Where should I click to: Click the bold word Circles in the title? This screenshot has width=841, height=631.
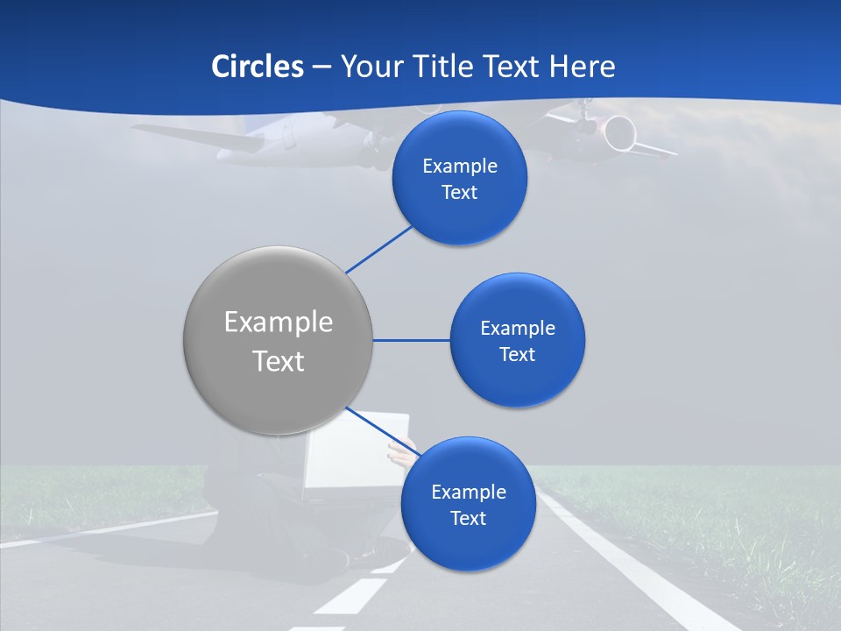point(258,67)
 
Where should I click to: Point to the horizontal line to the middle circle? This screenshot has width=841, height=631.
point(411,340)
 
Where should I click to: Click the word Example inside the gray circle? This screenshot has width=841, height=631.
point(279,323)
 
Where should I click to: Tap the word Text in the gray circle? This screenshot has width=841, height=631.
point(279,361)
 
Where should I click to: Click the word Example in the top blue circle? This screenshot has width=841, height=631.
point(460,167)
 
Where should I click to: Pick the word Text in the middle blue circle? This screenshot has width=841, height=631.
point(517,355)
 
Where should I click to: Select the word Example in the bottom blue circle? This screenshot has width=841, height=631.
point(468,493)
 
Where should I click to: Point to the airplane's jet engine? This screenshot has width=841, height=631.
point(618,132)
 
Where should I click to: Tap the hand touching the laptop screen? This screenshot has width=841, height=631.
point(402,455)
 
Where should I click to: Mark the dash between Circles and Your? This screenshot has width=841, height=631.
point(322,67)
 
